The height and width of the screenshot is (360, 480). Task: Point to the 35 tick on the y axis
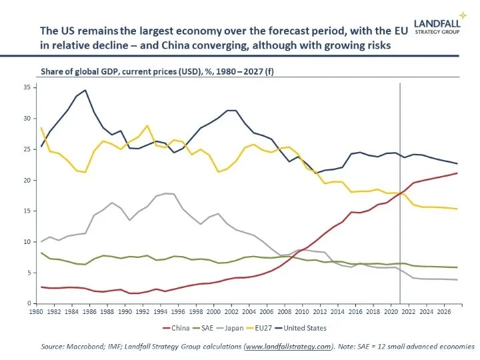pos(27,87)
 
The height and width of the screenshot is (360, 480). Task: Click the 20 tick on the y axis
pos(27,180)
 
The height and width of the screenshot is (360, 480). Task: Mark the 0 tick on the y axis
pos(29,303)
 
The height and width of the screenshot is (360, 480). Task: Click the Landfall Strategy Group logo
pos(441,23)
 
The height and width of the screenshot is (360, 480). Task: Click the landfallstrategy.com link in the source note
pos(289,347)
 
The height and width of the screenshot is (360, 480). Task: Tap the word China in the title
pos(229,44)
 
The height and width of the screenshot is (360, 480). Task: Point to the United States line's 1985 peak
pos(85,90)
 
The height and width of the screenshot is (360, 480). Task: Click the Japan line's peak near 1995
pos(167,193)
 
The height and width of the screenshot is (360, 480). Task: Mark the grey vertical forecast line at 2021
pos(400,200)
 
